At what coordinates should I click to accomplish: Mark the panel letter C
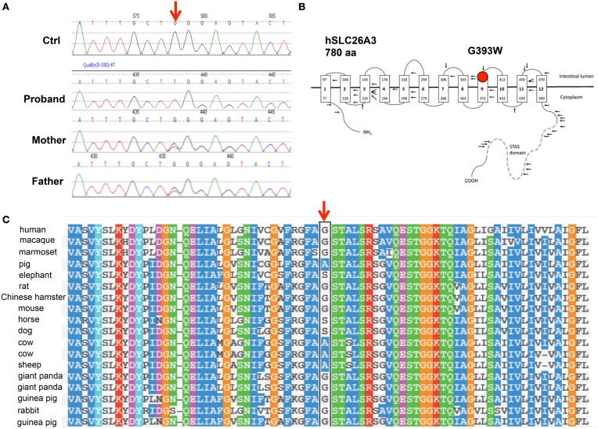(x=5, y=221)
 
